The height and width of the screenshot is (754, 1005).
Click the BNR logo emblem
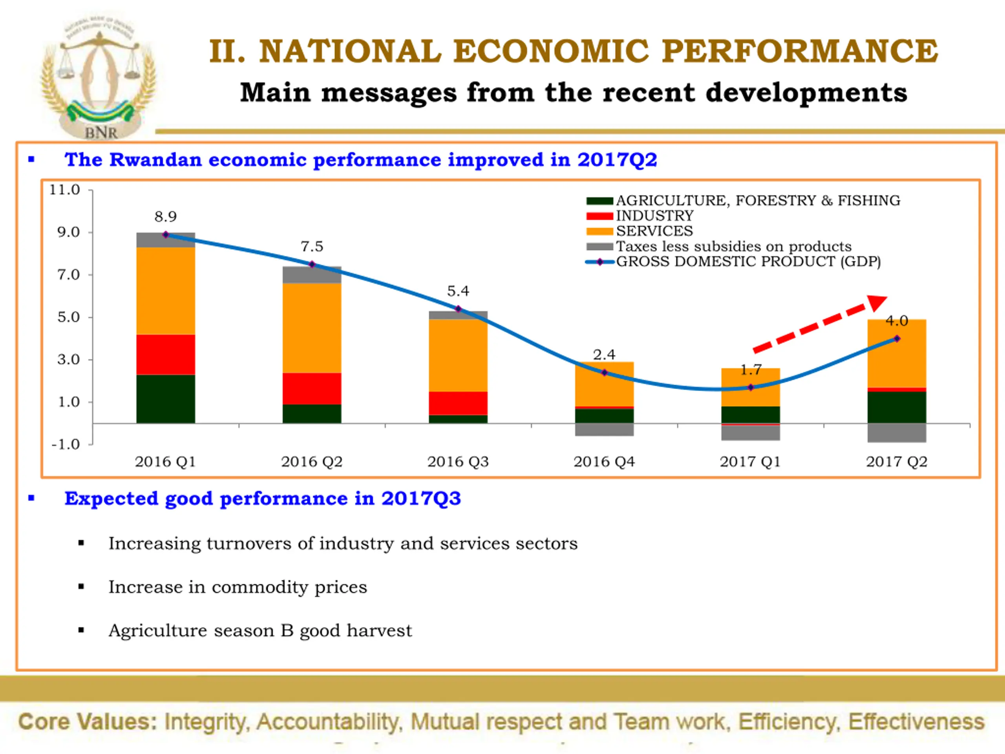99,77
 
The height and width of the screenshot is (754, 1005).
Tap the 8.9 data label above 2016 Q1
165,216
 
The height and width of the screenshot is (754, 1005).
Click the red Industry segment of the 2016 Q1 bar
165,355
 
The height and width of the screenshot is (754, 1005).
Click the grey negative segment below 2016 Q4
604,430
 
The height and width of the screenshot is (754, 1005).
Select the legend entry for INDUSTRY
654,216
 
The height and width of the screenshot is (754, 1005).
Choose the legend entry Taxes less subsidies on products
733,246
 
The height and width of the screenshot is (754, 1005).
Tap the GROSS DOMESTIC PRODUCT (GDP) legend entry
748,262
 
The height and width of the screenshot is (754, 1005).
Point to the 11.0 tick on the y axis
64,190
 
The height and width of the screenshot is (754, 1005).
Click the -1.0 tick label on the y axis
66,444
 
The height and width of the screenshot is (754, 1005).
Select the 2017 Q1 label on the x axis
750,462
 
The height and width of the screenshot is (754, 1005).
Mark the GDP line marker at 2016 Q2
312,265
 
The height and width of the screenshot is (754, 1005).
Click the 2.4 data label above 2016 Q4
604,355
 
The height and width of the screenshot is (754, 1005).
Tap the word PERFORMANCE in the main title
799,51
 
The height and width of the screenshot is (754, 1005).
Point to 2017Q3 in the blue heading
421,499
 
